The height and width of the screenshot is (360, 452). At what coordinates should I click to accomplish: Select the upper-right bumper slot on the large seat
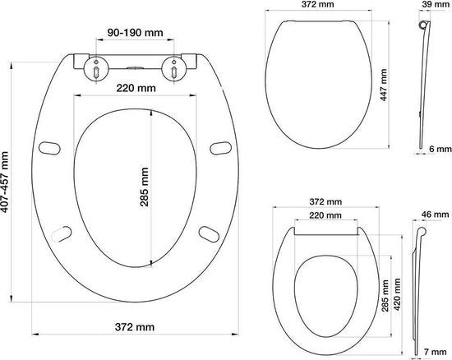(220, 147)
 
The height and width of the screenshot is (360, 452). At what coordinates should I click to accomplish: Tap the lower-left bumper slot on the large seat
(62, 235)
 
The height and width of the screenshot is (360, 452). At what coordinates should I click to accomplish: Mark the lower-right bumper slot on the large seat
(210, 235)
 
